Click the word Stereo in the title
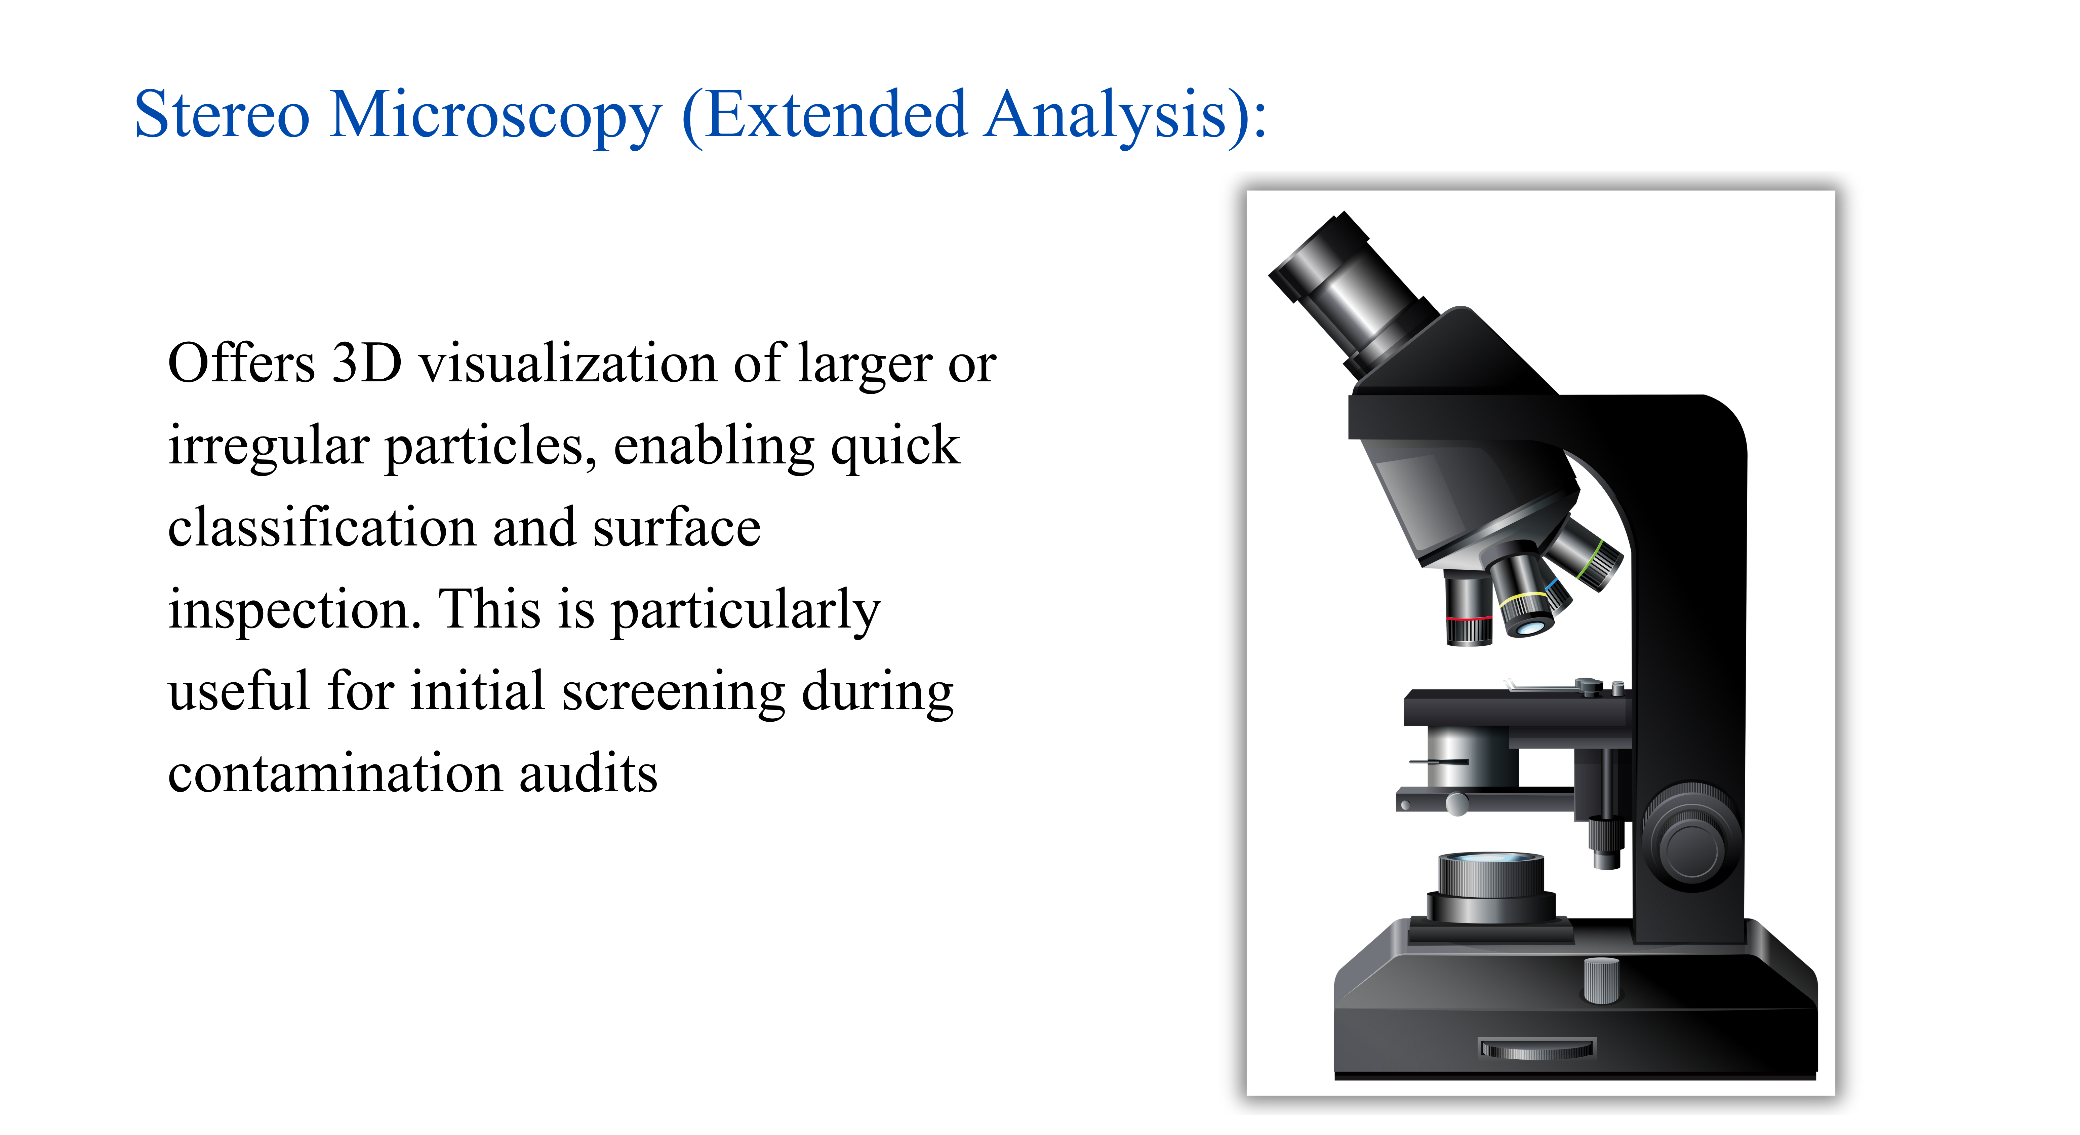222,115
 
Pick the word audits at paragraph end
588,773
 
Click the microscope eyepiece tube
1353,295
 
